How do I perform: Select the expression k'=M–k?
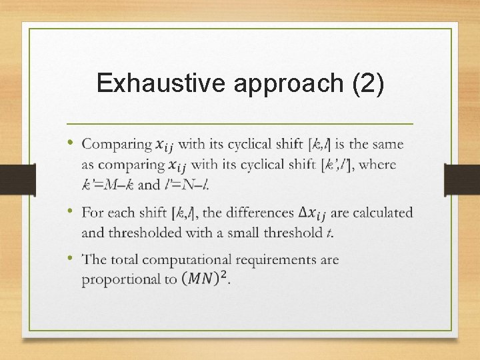[x=108, y=184]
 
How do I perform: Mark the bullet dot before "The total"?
[x=71, y=257]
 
